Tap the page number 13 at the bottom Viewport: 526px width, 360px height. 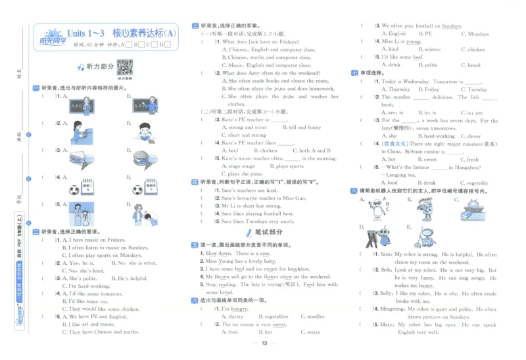(263, 344)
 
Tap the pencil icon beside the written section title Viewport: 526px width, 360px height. (248, 233)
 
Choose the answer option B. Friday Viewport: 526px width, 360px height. (431, 89)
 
